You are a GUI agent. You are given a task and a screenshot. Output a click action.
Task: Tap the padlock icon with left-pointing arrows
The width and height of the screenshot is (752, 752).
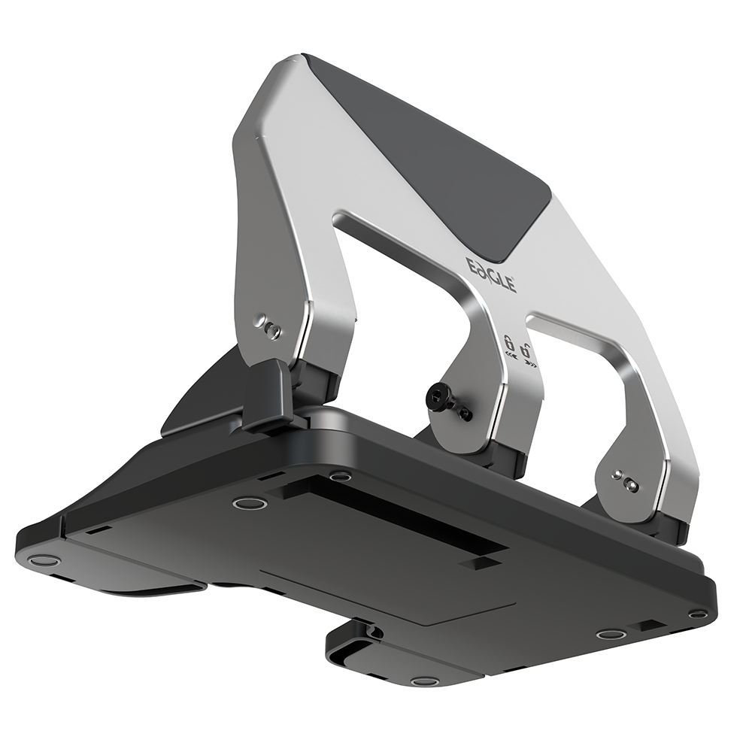509,344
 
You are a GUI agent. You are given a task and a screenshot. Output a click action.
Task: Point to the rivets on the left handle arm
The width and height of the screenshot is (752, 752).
268,327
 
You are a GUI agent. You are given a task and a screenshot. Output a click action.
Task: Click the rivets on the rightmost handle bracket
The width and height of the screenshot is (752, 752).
625,481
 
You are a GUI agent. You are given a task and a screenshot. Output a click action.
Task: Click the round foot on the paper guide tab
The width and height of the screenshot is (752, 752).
425,681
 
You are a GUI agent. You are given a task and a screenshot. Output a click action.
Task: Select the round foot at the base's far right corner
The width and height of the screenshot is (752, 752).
698,614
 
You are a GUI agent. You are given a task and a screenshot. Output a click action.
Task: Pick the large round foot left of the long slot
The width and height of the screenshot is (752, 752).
250,502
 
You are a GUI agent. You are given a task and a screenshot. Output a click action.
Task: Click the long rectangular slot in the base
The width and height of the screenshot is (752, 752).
406,519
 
